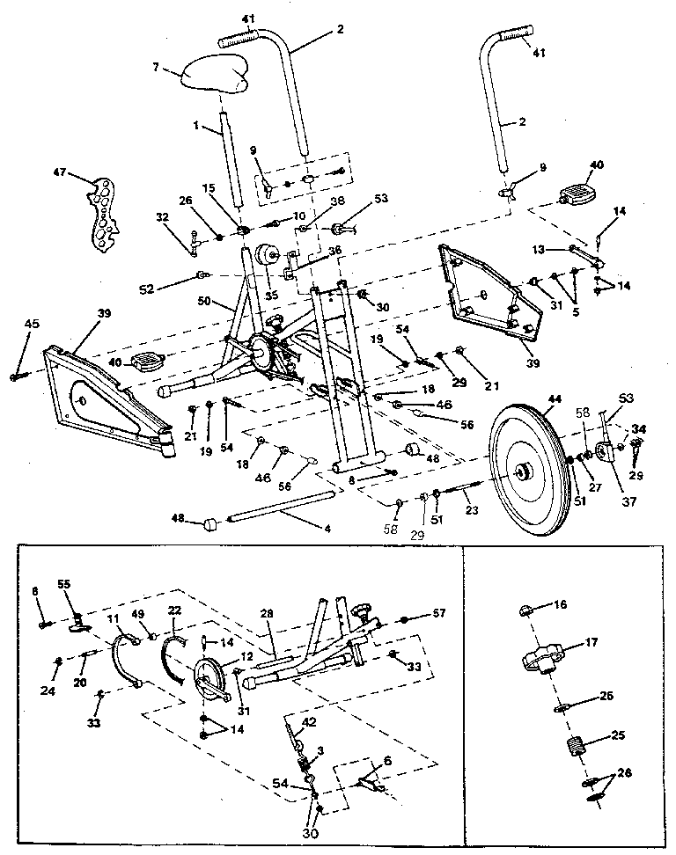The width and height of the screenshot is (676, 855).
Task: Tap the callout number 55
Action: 63,583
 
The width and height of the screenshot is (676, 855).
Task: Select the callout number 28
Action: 268,612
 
